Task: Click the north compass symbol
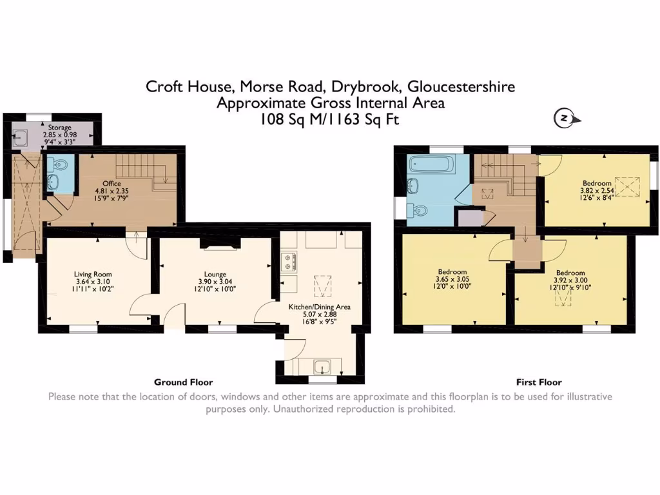tap(564, 119)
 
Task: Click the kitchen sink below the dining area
tap(322, 368)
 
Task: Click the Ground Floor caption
tap(183, 382)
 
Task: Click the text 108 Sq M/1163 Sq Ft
tap(330, 119)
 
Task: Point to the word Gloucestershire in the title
tap(461, 86)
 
